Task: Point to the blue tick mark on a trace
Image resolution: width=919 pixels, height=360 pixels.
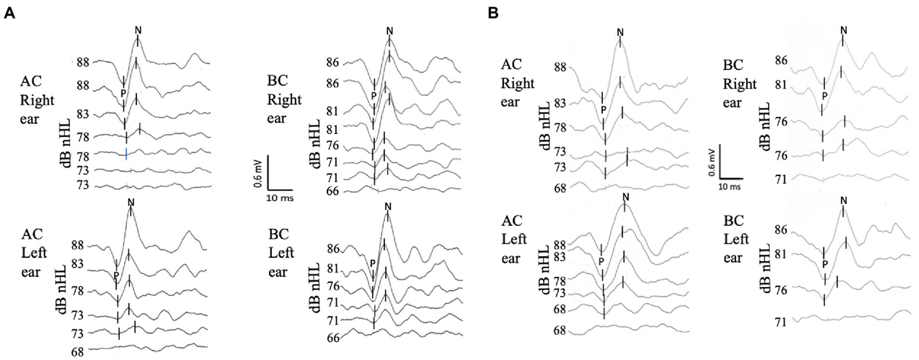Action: (126, 153)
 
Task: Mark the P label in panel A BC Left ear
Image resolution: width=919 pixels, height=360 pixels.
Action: (372, 263)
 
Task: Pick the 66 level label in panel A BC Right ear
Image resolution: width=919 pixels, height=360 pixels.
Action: (333, 192)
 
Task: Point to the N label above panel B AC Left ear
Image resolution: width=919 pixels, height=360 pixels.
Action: (626, 198)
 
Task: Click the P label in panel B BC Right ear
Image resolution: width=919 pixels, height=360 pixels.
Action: (824, 96)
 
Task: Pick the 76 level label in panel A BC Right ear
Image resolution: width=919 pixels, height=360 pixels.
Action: (333, 146)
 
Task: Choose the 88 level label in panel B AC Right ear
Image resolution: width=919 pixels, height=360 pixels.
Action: (560, 67)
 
